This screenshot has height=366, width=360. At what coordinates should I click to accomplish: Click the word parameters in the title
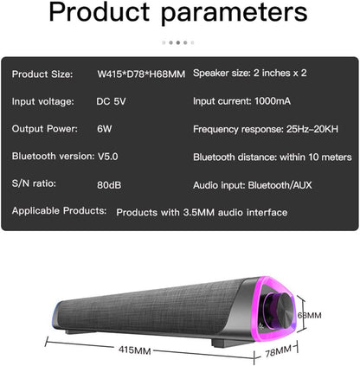235,15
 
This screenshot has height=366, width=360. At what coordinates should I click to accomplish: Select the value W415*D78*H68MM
141,74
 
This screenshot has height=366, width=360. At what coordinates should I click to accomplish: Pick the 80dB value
109,183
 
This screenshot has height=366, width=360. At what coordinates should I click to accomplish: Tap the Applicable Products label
59,210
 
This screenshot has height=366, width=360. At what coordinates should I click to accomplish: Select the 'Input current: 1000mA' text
247,101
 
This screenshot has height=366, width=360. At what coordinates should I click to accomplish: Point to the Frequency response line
270,129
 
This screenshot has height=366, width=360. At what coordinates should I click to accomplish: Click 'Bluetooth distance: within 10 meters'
272,156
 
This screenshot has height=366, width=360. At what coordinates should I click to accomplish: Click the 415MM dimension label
135,351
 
